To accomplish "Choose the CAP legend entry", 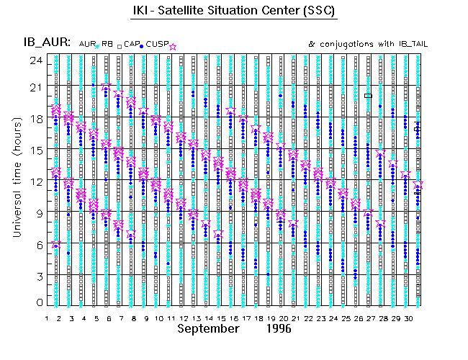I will point(130,45).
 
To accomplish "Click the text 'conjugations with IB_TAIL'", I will point(372,44).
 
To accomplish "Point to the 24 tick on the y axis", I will point(33,60).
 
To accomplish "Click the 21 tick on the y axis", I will point(33,88).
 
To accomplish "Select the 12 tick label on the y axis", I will point(33,182).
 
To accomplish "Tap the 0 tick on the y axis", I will point(35,305).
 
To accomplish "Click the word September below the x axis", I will point(208,328).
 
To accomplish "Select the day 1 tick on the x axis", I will point(47,317).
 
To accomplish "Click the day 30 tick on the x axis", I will point(408,317).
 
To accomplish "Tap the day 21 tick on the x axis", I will point(295,317).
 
